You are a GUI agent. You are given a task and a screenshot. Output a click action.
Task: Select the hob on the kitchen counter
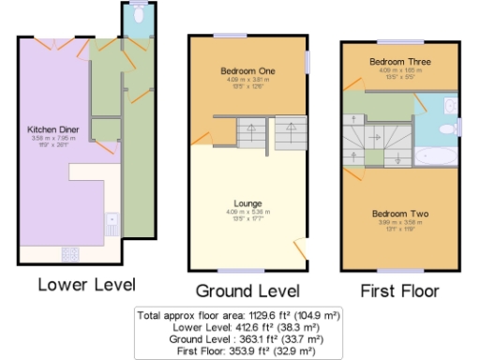[68, 252]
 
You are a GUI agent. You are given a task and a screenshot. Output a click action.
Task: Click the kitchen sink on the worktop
[112, 225]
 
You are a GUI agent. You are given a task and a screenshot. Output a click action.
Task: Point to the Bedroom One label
[248, 71]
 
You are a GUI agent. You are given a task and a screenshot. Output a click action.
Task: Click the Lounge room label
[247, 202]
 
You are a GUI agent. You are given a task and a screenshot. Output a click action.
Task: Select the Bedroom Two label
[400, 215]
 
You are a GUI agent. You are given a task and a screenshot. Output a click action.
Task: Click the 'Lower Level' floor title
[86, 283]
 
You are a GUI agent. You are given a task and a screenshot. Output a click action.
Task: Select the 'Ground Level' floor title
[247, 290]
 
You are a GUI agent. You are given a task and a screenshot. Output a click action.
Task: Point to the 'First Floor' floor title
[399, 290]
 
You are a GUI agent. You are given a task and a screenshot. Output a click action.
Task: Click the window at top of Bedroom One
[248, 37]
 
